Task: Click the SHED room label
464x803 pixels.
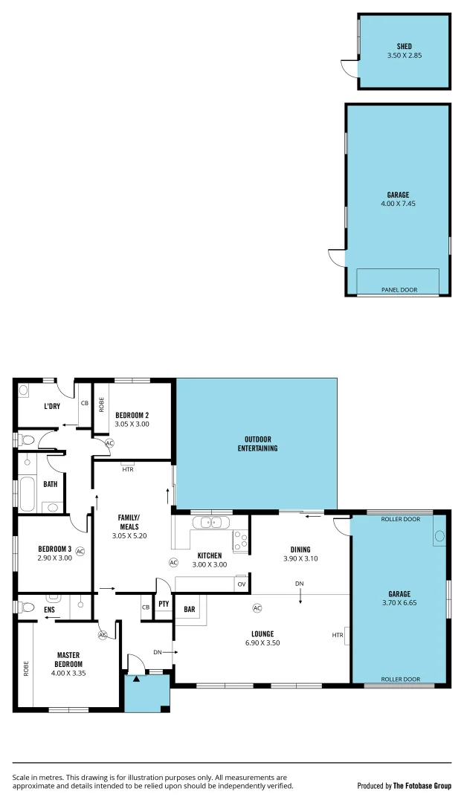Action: (x=404, y=46)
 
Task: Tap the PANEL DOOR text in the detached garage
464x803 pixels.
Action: (x=399, y=290)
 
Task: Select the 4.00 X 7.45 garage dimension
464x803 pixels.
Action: (x=399, y=204)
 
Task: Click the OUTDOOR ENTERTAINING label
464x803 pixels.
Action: (x=257, y=443)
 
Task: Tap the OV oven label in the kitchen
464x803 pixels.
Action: (x=241, y=584)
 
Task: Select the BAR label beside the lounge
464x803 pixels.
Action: (x=190, y=610)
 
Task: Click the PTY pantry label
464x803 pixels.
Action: (x=164, y=604)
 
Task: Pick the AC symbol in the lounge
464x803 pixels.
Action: (x=257, y=608)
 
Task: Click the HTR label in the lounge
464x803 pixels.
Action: (x=338, y=635)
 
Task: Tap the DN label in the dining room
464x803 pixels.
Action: (x=299, y=584)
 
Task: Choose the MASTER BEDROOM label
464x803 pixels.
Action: (x=68, y=660)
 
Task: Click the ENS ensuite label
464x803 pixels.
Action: (x=49, y=610)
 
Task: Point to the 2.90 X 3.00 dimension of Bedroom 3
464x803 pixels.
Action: (x=54, y=557)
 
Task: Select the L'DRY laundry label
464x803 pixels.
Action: (x=52, y=406)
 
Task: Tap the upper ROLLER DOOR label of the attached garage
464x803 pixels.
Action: (x=400, y=519)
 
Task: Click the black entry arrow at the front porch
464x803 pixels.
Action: (x=137, y=678)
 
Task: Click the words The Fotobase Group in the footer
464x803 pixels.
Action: (x=422, y=785)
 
